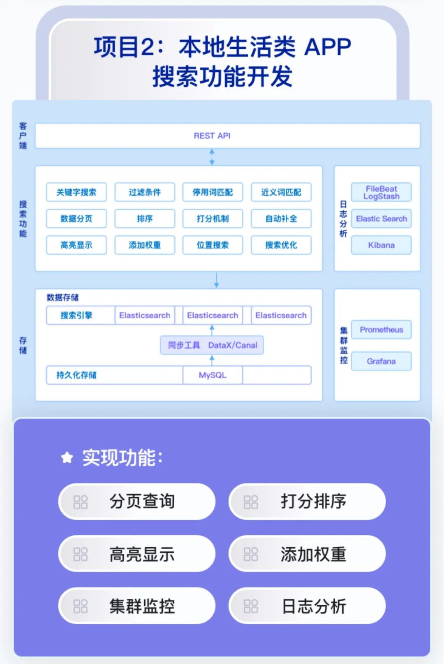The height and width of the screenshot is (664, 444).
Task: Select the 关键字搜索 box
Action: pos(76,192)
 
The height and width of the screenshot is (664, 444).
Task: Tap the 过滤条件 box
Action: pos(145,192)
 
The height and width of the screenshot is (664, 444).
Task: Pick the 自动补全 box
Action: pos(281,218)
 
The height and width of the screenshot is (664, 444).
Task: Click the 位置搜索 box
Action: pos(213,245)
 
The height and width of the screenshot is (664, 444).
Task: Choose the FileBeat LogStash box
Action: pos(381,192)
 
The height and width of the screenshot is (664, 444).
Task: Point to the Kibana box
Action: pos(381,245)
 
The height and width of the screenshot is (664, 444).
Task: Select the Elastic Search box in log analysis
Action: pos(381,219)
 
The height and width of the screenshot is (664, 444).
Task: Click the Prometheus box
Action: pos(381,330)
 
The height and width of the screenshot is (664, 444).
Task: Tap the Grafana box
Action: pos(381,361)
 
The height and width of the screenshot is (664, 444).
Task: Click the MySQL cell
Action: pos(213,375)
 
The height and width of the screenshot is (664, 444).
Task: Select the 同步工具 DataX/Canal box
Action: pos(212,345)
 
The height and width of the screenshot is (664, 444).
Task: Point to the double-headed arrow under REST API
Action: pos(212,157)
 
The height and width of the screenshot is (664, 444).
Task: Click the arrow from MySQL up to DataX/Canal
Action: pos(212,361)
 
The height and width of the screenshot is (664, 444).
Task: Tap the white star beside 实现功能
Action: pos(67,457)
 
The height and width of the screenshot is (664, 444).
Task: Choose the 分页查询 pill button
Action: pos(137,502)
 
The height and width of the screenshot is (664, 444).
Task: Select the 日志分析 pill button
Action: pos(307,606)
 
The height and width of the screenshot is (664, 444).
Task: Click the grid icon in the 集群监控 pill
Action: pos(81,606)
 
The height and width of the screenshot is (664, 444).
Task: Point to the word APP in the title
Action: pos(328,47)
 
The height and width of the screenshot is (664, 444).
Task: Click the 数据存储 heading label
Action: pos(62,297)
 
